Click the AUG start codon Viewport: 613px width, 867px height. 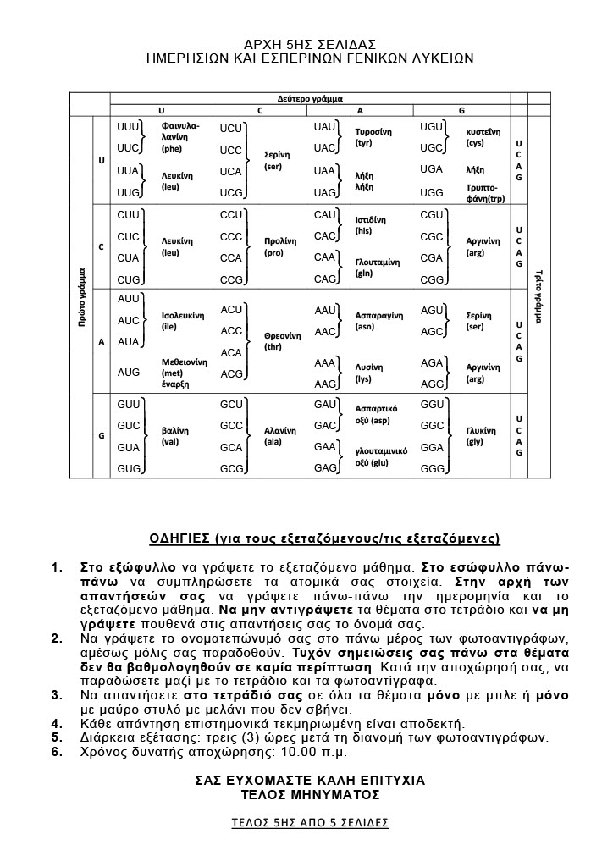(129, 372)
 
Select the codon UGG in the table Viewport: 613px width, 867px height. (432, 192)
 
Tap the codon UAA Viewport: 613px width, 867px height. (325, 170)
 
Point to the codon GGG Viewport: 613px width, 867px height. (433, 468)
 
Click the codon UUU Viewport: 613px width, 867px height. (129, 126)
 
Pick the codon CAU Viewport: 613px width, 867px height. (325, 215)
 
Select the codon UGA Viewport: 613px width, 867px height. (432, 169)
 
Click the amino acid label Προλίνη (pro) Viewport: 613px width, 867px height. (280, 246)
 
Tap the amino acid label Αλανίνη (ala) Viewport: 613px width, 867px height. (280, 436)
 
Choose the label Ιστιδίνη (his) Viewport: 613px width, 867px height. (373, 224)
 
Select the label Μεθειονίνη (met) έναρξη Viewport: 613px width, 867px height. (185, 372)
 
